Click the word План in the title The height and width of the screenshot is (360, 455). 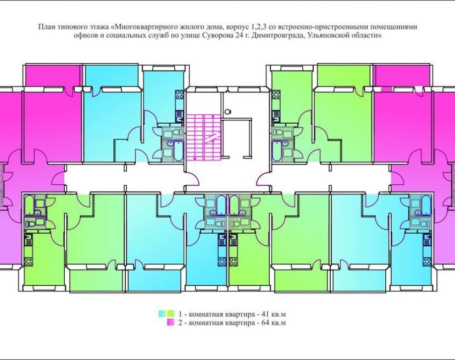coord(46,27)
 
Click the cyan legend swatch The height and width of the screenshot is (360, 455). coord(162,314)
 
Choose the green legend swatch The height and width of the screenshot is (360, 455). coord(170,314)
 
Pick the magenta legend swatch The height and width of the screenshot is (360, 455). coord(170,322)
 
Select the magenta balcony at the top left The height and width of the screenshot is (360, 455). coord(53,75)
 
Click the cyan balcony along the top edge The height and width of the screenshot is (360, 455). coord(111,75)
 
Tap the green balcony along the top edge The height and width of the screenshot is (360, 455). coord(343,75)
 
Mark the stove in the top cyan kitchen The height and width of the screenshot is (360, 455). coord(179,95)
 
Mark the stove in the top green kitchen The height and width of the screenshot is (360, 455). coord(276,95)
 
